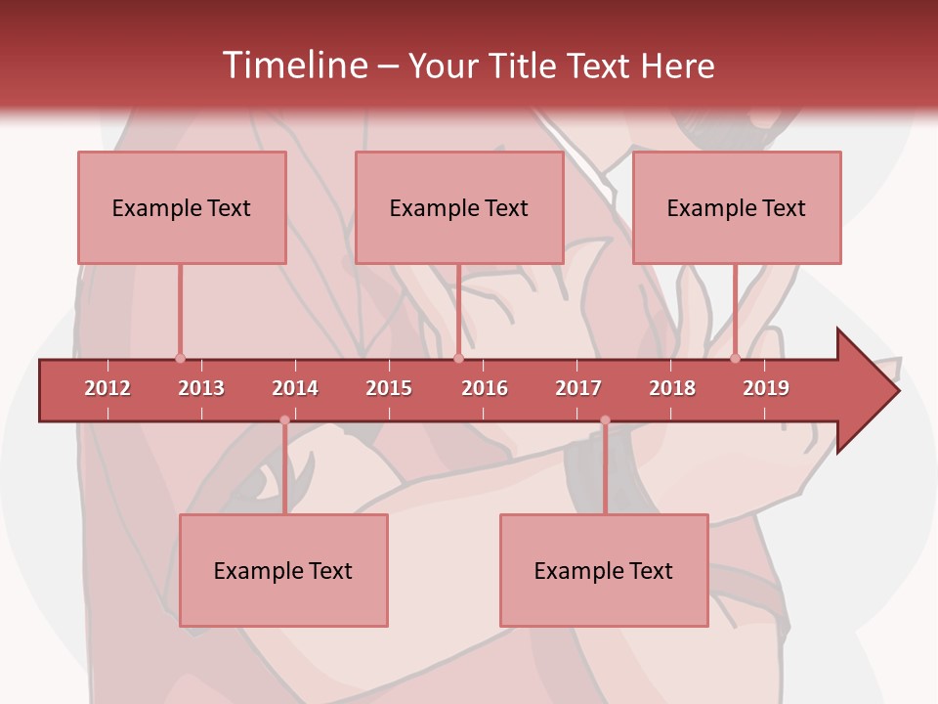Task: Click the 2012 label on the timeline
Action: (107, 388)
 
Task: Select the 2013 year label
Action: (201, 388)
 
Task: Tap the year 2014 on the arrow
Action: (295, 388)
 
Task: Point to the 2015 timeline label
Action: (389, 388)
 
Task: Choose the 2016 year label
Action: (485, 388)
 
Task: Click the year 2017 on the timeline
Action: (578, 388)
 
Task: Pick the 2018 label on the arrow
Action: (672, 388)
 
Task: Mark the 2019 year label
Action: (766, 388)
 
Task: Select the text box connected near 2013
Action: (182, 207)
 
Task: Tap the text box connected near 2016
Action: (459, 207)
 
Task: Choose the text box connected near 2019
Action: (737, 207)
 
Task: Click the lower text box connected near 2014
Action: (283, 570)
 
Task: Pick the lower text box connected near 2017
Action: (604, 570)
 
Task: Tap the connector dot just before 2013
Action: (180, 359)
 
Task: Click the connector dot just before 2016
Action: (458, 359)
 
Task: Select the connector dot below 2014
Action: (284, 420)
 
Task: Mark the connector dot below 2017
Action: (605, 420)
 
